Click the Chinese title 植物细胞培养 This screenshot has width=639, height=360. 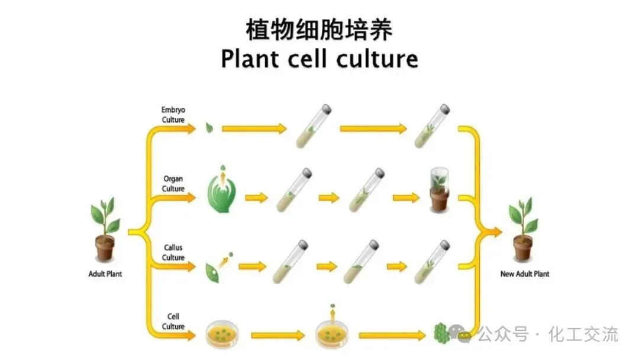coord(319,30)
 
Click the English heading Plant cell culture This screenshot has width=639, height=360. coord(319,59)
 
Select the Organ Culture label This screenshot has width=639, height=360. coord(173,184)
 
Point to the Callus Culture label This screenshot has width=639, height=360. coord(173,252)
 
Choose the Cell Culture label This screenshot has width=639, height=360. coord(173,322)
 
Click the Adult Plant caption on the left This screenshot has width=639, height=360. coord(105,274)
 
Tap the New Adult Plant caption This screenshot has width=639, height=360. coord(524,274)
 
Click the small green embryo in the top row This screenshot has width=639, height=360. coord(209,127)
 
